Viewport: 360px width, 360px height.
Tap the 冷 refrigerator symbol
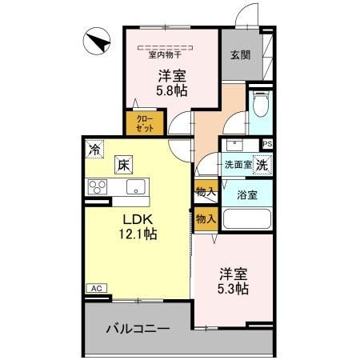[95, 149]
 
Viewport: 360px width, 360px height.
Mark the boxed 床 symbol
[124, 165]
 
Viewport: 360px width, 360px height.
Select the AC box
[94, 288]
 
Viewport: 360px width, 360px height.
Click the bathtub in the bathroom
[246, 218]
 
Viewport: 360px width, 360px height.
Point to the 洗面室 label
[238, 164]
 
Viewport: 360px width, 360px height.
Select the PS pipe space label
[266, 144]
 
